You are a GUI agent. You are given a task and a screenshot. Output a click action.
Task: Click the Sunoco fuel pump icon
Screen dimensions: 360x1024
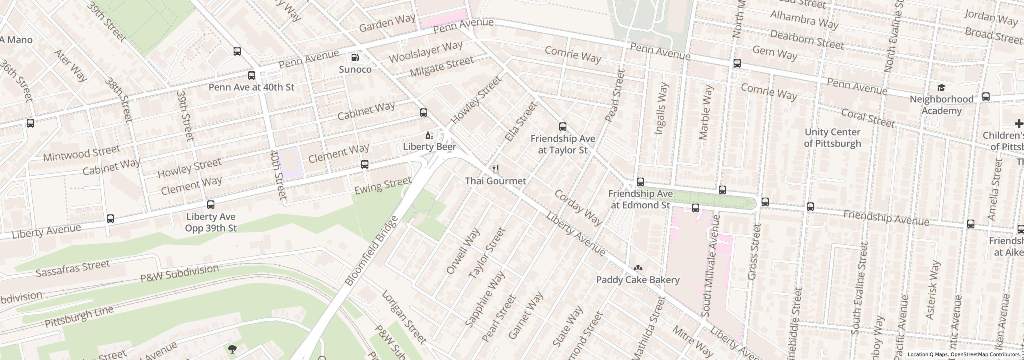(355, 58)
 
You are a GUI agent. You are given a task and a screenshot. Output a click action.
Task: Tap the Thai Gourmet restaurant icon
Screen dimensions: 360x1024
(496, 169)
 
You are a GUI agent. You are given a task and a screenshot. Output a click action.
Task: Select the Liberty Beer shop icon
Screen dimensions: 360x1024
(430, 136)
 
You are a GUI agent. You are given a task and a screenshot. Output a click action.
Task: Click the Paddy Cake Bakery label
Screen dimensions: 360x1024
(638, 280)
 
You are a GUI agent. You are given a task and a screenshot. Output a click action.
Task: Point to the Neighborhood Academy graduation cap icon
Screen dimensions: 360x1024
(941, 88)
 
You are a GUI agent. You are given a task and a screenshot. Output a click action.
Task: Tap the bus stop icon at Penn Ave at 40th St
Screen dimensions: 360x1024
(251, 76)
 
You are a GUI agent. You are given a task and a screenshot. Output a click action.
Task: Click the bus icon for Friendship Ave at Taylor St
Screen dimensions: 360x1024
(563, 127)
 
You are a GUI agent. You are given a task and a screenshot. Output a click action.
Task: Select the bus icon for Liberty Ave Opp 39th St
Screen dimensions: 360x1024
(211, 205)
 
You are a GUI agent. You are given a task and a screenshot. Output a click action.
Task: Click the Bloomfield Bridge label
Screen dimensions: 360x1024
(372, 251)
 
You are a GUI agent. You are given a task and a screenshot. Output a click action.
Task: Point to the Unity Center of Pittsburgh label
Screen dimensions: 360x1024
(832, 138)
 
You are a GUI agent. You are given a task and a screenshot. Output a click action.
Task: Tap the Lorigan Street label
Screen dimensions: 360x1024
(404, 317)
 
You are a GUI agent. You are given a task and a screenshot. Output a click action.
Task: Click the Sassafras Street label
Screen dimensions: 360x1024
(73, 268)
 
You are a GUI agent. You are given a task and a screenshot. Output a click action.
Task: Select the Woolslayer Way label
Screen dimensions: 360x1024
(425, 52)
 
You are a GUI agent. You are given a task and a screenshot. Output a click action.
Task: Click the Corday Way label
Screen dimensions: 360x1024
(578, 208)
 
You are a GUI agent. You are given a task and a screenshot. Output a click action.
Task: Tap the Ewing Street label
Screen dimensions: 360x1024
(383, 186)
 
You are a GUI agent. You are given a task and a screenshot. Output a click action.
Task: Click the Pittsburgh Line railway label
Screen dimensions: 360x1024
(79, 316)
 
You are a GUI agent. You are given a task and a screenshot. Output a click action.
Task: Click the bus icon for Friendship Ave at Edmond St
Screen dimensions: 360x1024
(640, 182)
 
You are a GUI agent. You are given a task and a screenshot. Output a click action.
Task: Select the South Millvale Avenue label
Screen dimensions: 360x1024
(711, 266)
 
